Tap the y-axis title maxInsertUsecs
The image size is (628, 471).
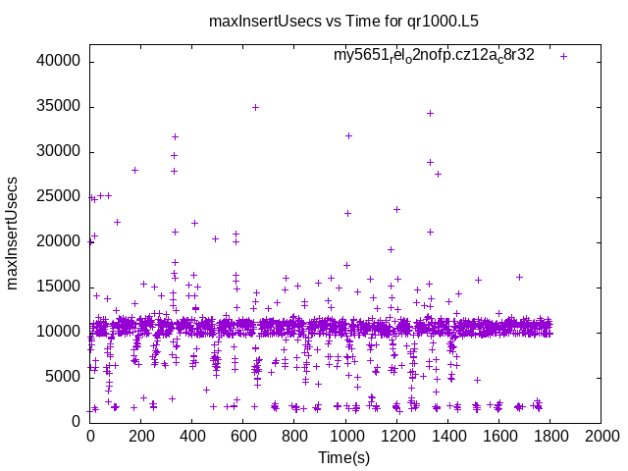tap(13, 233)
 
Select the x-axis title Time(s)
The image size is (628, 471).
tap(344, 457)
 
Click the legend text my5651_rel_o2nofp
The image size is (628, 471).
tap(434, 55)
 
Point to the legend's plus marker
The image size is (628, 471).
tap(564, 56)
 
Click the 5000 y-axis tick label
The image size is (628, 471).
tap(64, 376)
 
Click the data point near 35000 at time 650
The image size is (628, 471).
tap(255, 107)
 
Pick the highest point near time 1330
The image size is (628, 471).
tap(430, 113)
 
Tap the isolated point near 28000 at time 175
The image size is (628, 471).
tap(134, 170)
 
